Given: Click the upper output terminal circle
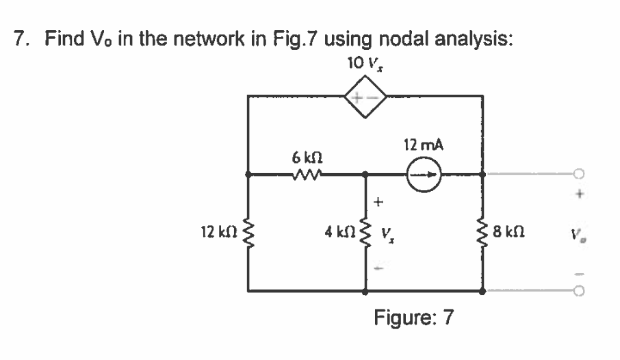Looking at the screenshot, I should point(580,175).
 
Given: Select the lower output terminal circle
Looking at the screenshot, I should point(580,291).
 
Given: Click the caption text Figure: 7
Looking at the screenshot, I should point(413,318).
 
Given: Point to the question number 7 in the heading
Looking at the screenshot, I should point(21,38).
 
